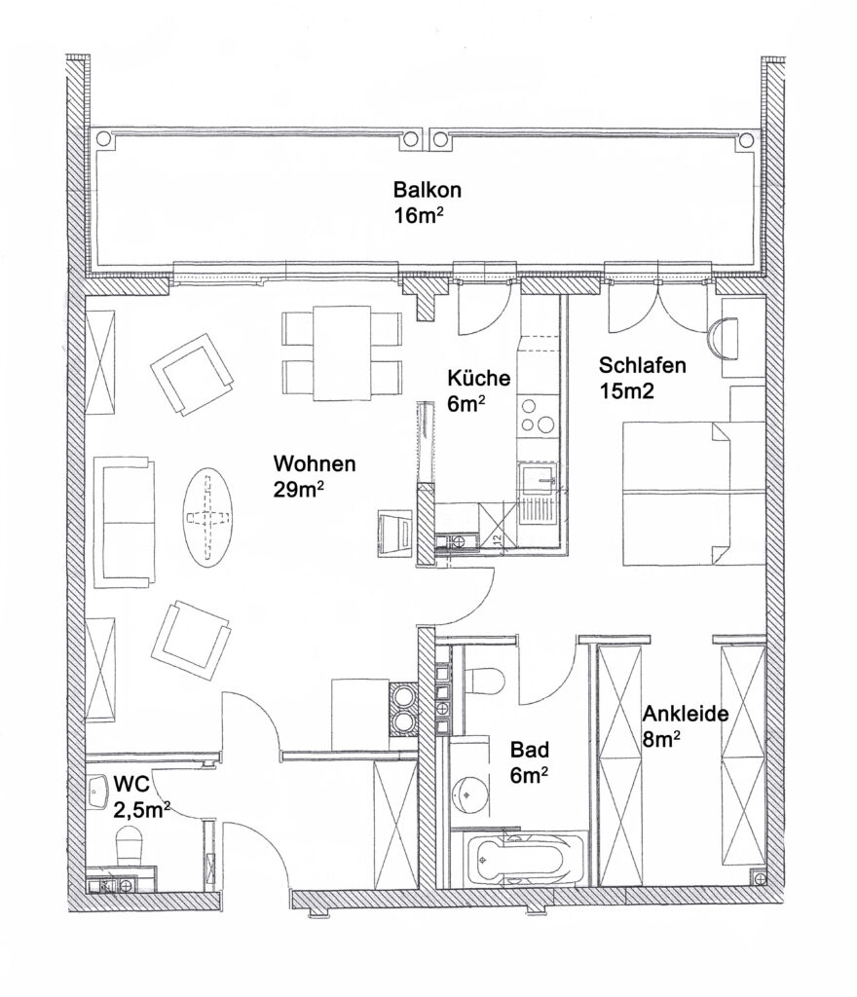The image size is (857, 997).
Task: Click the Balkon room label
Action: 427,190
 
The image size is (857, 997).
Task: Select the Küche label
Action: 479,379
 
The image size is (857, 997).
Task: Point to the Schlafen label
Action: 642,365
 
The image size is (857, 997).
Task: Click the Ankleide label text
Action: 686,714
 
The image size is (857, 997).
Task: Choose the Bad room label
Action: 530,750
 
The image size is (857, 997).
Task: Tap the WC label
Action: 131,783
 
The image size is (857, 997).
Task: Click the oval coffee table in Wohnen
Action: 208,517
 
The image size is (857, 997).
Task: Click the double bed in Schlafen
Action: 675,493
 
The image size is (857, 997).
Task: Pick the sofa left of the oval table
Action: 125,522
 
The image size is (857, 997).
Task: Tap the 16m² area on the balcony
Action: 418,215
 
